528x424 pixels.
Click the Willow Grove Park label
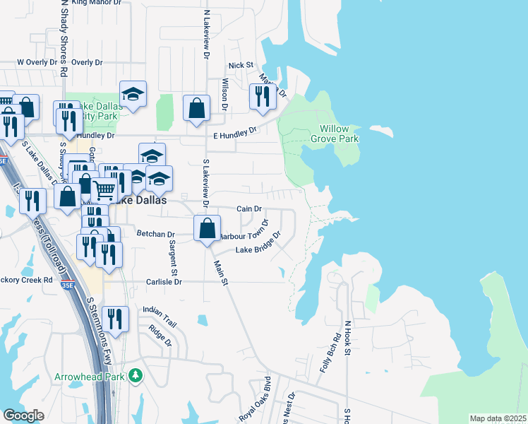335,134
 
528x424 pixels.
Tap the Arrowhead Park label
90,376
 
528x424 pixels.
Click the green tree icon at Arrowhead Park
134,376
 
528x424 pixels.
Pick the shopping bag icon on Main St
206,229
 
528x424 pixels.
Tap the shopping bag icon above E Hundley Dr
196,109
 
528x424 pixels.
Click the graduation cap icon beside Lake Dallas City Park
132,95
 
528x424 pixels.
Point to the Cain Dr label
249,209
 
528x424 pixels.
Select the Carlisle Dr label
164,281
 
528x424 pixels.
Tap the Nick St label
240,65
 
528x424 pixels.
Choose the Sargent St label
172,257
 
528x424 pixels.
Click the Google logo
23,416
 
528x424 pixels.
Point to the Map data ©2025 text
498,418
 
